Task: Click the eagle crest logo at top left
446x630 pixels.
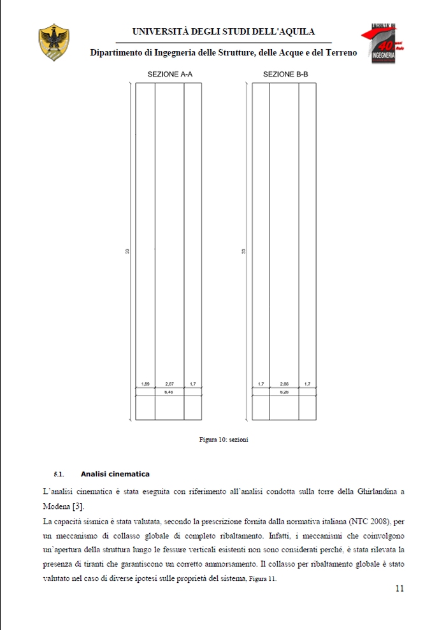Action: pyautogui.click(x=54, y=43)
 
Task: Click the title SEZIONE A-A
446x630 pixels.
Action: pyautogui.click(x=170, y=75)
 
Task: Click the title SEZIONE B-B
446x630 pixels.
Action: pyautogui.click(x=285, y=75)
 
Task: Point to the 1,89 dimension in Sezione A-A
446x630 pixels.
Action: pyautogui.click(x=145, y=384)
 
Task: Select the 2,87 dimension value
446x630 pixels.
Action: pyautogui.click(x=169, y=384)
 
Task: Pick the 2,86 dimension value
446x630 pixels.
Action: pyautogui.click(x=284, y=384)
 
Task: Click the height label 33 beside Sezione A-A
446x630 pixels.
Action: pyautogui.click(x=128, y=252)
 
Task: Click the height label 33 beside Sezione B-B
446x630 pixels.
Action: pyautogui.click(x=244, y=252)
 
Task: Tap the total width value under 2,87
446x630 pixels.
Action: pyautogui.click(x=169, y=392)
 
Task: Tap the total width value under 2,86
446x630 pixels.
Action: pyautogui.click(x=284, y=392)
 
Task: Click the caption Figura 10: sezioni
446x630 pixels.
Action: pyautogui.click(x=223, y=440)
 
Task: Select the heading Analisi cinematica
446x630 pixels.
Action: pyautogui.click(x=115, y=474)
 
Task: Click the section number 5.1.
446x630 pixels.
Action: pyautogui.click(x=59, y=474)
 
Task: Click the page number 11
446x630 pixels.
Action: pyautogui.click(x=399, y=589)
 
